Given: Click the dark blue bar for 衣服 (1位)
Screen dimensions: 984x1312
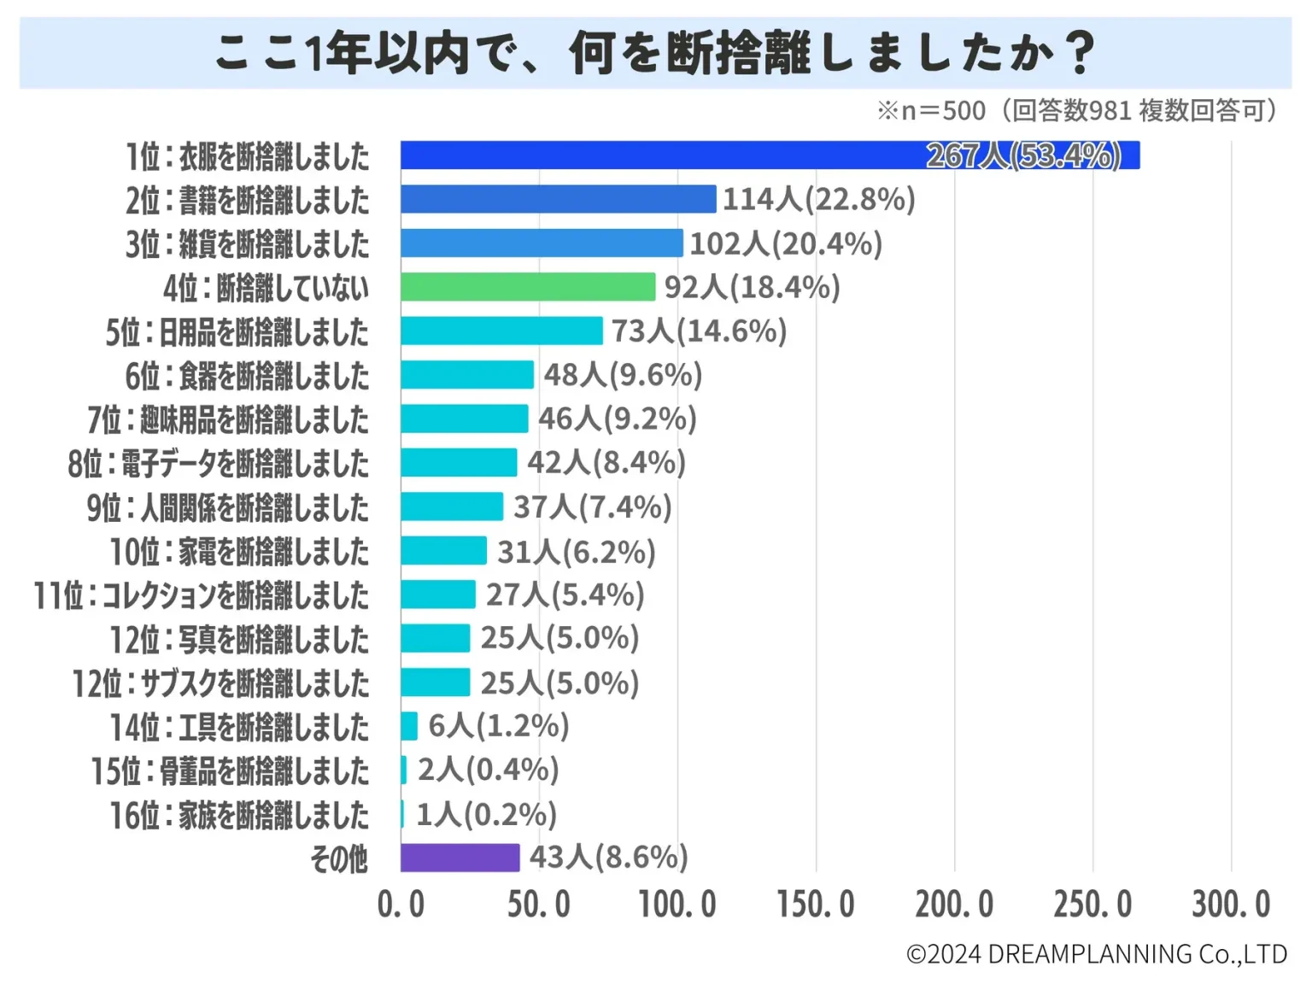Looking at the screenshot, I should coord(769,155).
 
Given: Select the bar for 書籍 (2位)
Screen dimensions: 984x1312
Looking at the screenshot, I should coord(558,199).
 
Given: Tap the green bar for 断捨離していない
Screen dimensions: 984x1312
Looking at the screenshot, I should coord(527,287).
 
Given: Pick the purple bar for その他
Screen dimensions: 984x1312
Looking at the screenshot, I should coord(460,858).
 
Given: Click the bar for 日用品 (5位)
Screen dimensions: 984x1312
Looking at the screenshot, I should coord(501,331).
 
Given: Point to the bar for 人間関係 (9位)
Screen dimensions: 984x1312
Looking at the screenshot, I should coord(451,507).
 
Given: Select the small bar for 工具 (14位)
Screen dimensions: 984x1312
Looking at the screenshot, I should coord(409,726).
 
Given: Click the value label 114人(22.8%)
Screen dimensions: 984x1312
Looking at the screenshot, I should coord(818,199).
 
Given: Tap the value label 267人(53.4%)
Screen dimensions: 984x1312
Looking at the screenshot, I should coord(1023,155).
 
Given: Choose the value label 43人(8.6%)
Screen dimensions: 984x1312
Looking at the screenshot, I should coord(608,857).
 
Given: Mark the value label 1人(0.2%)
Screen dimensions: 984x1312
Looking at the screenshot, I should coord(486,814).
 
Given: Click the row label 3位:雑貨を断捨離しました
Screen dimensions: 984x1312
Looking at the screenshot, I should coord(248,244).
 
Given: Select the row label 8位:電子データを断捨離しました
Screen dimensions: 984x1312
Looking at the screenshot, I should coord(219,464).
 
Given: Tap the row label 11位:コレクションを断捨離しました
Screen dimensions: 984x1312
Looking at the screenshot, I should coord(202,595).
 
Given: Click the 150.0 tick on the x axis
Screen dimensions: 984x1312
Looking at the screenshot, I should coord(815,904).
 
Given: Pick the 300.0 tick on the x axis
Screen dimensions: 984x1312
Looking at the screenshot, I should coord(1231,904).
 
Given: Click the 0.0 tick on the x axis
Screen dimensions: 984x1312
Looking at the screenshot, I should coord(401,904).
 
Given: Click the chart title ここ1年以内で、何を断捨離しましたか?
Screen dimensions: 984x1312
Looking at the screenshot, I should coord(655,53).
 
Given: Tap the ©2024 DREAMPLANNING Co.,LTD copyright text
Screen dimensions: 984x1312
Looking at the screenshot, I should coord(1096,954).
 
